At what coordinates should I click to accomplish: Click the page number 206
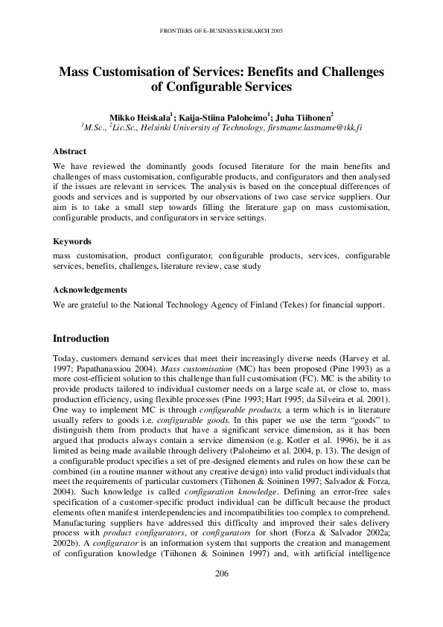click(221, 594)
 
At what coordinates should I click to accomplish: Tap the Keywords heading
click(72, 241)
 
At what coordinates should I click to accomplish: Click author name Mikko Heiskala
click(140, 117)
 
